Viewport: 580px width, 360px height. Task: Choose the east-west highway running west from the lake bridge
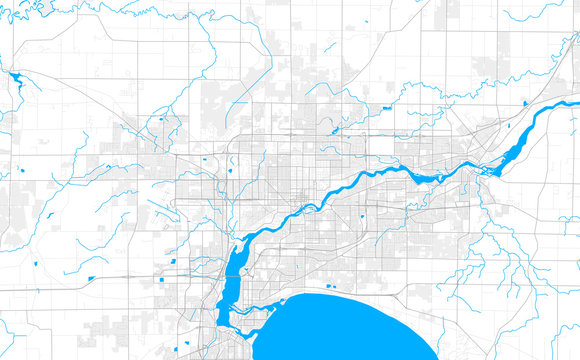coord(150,275)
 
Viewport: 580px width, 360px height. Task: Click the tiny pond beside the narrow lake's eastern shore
coord(251,262)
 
